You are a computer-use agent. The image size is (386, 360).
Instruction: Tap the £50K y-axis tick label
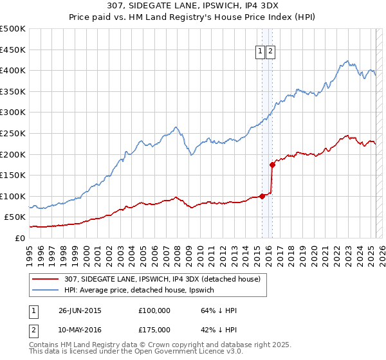tap(15, 217)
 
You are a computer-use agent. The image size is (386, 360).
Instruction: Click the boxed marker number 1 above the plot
tap(261, 52)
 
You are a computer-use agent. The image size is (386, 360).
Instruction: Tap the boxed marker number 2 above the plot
tap(270, 52)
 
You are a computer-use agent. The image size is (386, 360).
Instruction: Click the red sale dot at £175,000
tap(272, 165)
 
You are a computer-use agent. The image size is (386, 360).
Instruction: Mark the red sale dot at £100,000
tap(262, 196)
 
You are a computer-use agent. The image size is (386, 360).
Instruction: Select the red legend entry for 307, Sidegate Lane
tap(161, 279)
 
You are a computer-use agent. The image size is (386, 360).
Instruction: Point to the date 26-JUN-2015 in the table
tap(79, 310)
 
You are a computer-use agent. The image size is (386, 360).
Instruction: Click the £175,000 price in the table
tap(154, 330)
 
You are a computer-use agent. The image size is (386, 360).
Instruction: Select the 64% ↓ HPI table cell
tap(219, 310)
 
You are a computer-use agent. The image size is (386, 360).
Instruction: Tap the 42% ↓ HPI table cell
tap(219, 330)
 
